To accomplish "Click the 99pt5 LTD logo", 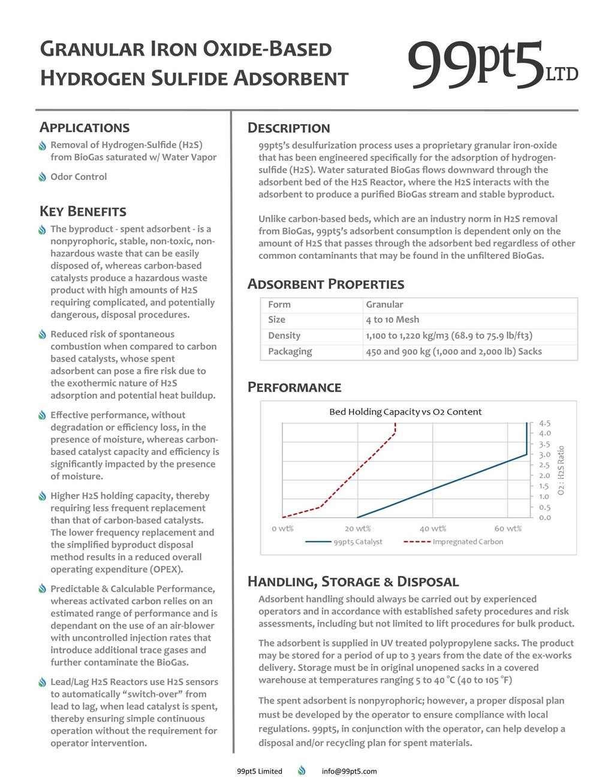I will (492, 65).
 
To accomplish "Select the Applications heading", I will (85, 128).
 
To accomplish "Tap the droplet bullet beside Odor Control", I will (43, 177).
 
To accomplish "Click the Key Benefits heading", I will (83, 212).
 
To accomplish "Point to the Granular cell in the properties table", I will (384, 304).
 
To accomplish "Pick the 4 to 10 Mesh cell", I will (392, 320).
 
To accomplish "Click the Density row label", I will (284, 336).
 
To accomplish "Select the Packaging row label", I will (290, 351).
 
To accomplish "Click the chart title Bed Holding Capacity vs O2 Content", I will (405, 412).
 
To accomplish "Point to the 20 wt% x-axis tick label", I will (357, 529).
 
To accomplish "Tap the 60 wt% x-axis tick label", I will (508, 529).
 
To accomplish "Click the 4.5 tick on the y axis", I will (544, 423).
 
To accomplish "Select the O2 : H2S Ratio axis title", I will (561, 470).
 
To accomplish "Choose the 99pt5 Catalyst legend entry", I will (344, 542).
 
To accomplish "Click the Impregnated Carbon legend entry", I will (453, 542).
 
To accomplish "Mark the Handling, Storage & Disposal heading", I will (353, 582).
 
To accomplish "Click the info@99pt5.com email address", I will (349, 771).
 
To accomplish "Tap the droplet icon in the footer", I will (302, 771).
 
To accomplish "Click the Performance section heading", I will (294, 388).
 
